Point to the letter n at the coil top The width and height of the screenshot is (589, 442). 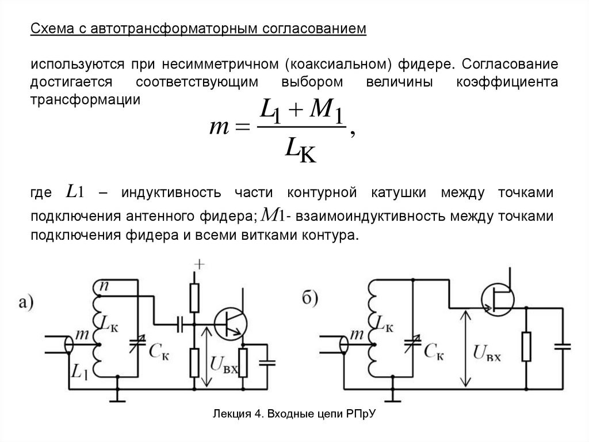click(105, 285)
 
